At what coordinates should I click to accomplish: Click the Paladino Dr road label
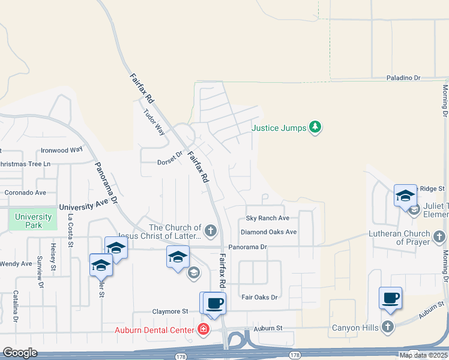pyautogui.click(x=403, y=78)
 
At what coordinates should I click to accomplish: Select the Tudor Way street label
pyautogui.click(x=153, y=122)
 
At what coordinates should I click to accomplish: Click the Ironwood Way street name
pyautogui.click(x=61, y=150)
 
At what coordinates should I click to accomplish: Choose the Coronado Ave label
pyautogui.click(x=25, y=193)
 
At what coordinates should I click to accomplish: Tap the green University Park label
pyautogui.click(x=34, y=221)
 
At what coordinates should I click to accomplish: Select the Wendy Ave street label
pyautogui.click(x=16, y=263)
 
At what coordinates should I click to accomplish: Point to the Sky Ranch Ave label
pyautogui.click(x=268, y=218)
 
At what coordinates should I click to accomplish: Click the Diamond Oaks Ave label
pyautogui.click(x=268, y=232)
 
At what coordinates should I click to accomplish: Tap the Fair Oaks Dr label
pyautogui.click(x=259, y=297)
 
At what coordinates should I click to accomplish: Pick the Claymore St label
pyautogui.click(x=169, y=311)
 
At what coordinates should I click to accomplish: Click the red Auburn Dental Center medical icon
pyautogui.click(x=203, y=329)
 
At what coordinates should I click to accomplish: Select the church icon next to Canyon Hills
pyautogui.click(x=388, y=328)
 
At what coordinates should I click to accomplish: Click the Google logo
pyautogui.click(x=20, y=353)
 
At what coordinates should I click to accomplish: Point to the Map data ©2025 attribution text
pyautogui.click(x=423, y=355)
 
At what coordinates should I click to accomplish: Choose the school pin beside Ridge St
pyautogui.click(x=405, y=196)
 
